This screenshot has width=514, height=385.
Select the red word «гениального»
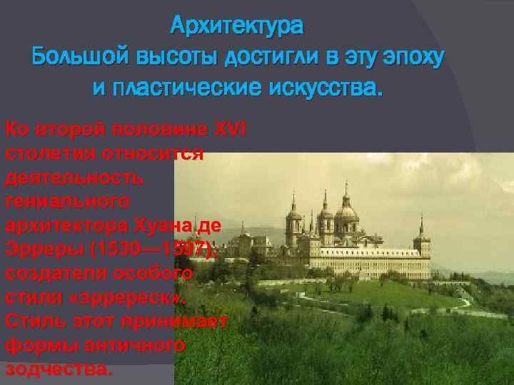(x=67, y=201)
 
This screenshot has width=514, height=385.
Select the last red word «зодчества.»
(x=58, y=369)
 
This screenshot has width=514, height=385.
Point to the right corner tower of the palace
(x=421, y=239)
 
